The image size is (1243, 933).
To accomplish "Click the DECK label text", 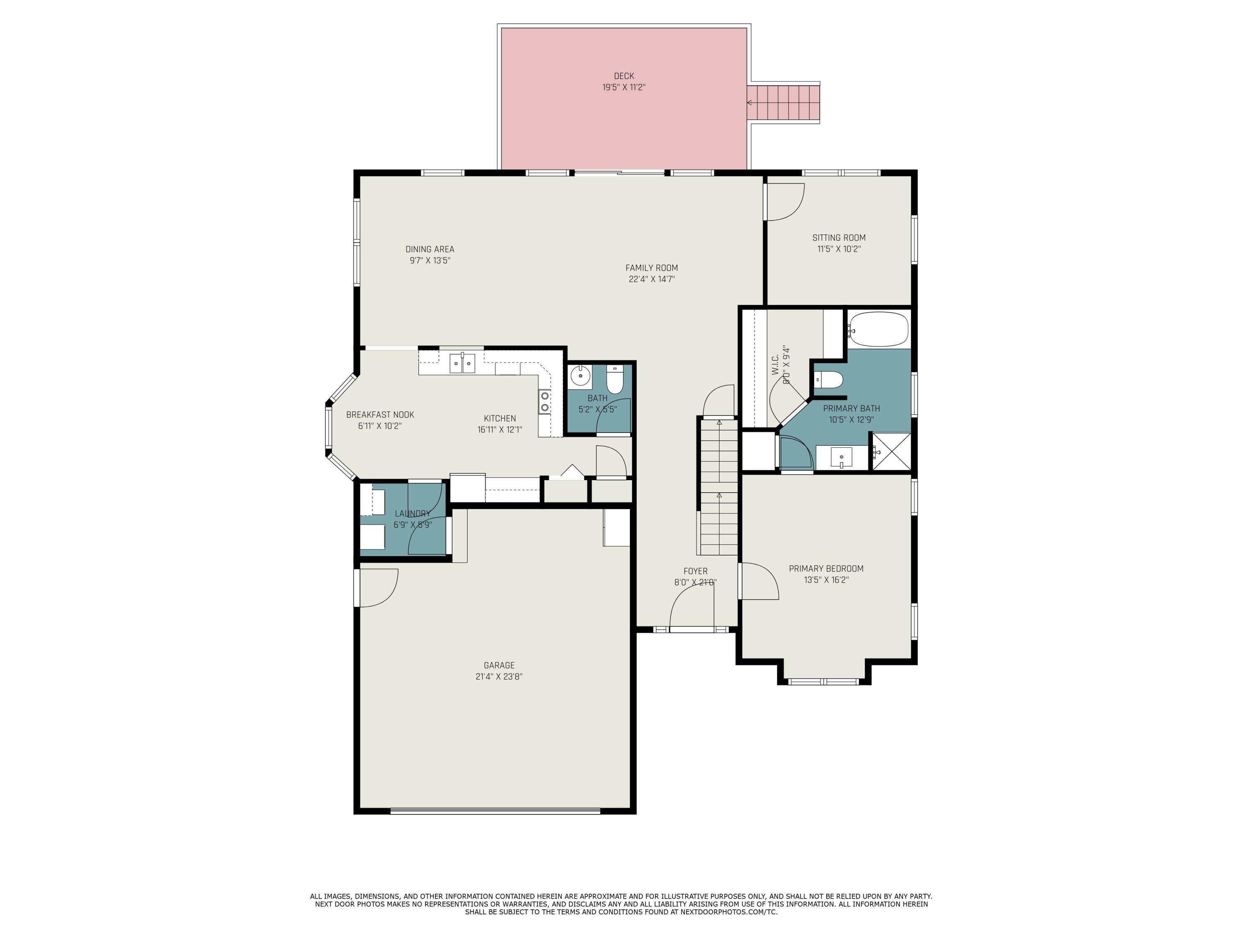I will pyautogui.click(x=624, y=76).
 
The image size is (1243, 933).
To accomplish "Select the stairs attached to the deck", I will pyautogui.click(x=784, y=103).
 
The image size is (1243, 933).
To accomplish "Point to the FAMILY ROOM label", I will pyautogui.click(x=651, y=268).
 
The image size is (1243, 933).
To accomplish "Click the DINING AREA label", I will pyautogui.click(x=430, y=249).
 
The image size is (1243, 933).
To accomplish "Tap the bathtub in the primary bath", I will pyautogui.click(x=878, y=329).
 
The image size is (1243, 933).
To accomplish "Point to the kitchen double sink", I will pyautogui.click(x=462, y=363).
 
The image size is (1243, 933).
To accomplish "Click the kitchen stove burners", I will pyautogui.click(x=544, y=401).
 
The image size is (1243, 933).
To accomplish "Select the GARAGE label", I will pyautogui.click(x=499, y=665).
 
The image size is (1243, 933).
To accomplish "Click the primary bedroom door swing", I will pyautogui.click(x=758, y=582).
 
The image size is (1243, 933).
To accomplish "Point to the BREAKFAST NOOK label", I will pyautogui.click(x=380, y=415).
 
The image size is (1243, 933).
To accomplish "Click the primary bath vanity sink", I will pyautogui.click(x=841, y=458).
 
